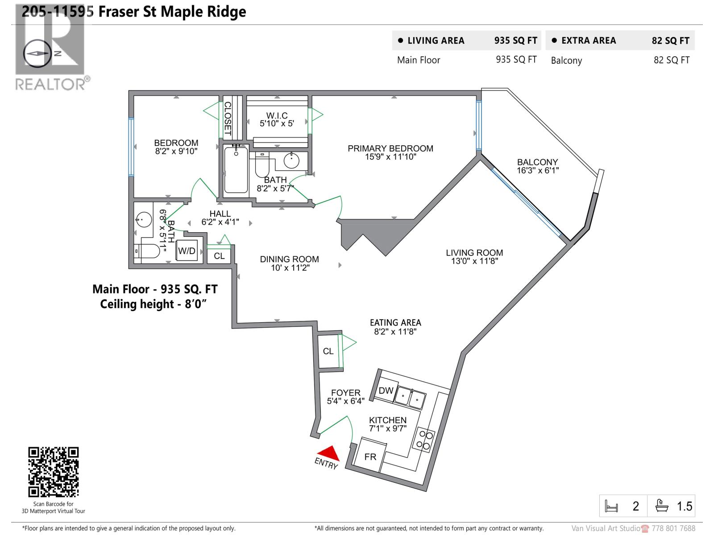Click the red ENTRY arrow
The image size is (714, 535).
(330, 453)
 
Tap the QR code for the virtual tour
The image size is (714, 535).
(54, 472)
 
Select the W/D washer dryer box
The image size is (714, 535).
(187, 251)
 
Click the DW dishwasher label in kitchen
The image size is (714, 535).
(386, 391)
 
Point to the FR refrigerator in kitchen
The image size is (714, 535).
(370, 457)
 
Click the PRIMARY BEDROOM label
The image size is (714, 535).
(390, 148)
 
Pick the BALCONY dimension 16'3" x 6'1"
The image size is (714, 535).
(538, 170)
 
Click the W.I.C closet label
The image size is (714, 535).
(277, 115)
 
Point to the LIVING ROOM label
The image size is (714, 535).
(474, 253)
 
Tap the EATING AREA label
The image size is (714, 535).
(395, 322)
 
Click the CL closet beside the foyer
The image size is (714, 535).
(328, 351)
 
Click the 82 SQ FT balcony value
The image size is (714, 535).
(671, 60)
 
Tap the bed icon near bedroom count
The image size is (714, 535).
(611, 506)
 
